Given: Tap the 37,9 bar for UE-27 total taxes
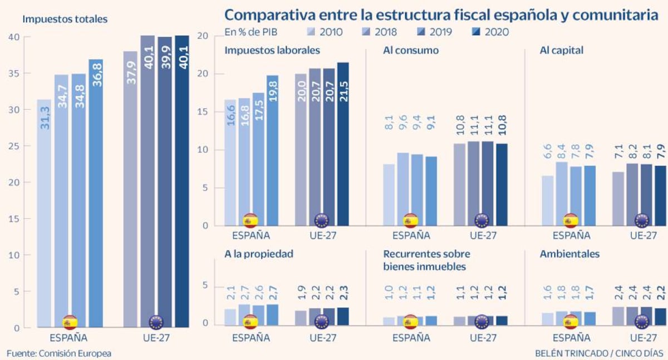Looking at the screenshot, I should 130,189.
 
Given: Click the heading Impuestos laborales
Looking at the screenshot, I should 272,50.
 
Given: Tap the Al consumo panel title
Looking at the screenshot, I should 411,50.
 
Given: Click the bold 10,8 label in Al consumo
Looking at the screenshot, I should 502,131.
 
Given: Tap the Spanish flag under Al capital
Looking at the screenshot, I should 570,220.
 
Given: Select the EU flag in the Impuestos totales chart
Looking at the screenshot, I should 156,322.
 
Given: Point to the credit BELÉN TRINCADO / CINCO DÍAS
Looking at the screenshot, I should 599,353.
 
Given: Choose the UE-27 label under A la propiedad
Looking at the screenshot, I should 322,337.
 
